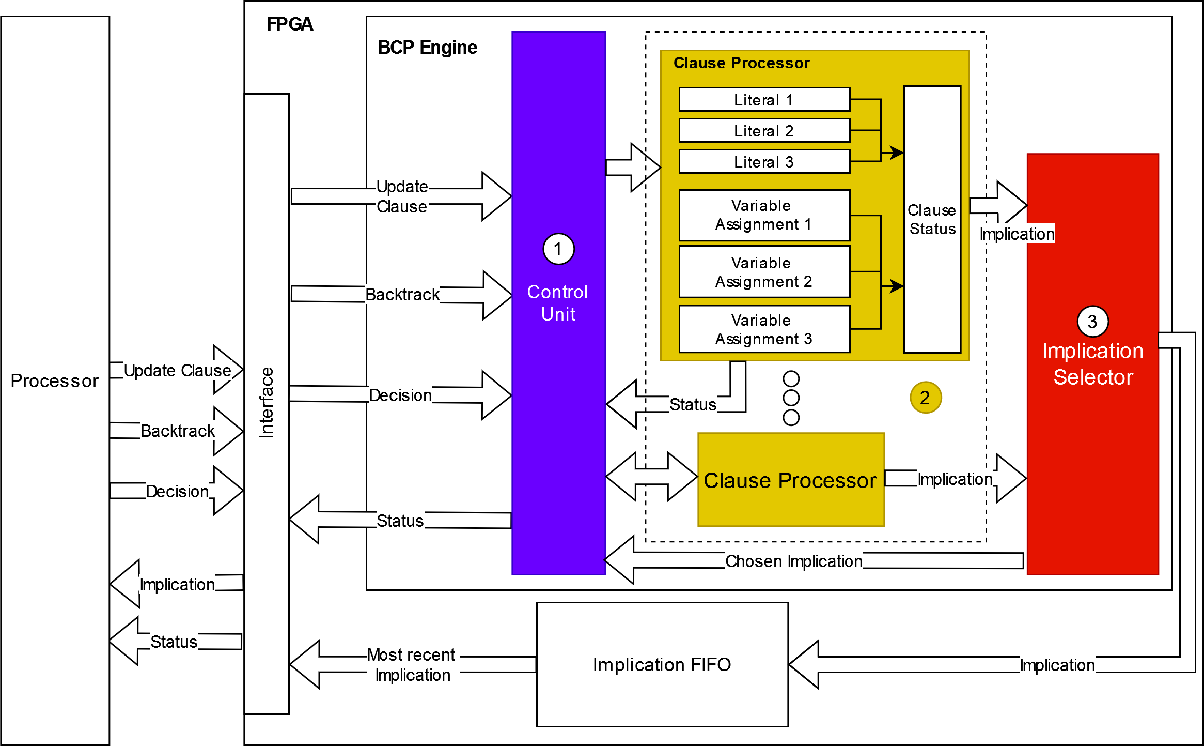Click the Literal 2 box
764,130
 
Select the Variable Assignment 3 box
764,329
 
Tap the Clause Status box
932,220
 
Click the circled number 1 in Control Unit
558,249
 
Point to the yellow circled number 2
925,398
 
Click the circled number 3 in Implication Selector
1092,322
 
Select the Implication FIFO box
662,664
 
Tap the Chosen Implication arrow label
793,561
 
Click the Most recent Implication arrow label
412,665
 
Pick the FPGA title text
289,24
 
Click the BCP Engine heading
427,48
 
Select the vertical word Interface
267,403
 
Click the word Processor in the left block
55,381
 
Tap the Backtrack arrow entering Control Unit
402,295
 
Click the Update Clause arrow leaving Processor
177,371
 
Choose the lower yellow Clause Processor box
790,480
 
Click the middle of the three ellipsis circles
791,398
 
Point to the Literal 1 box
764,99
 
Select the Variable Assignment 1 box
764,215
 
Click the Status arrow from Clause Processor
692,404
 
